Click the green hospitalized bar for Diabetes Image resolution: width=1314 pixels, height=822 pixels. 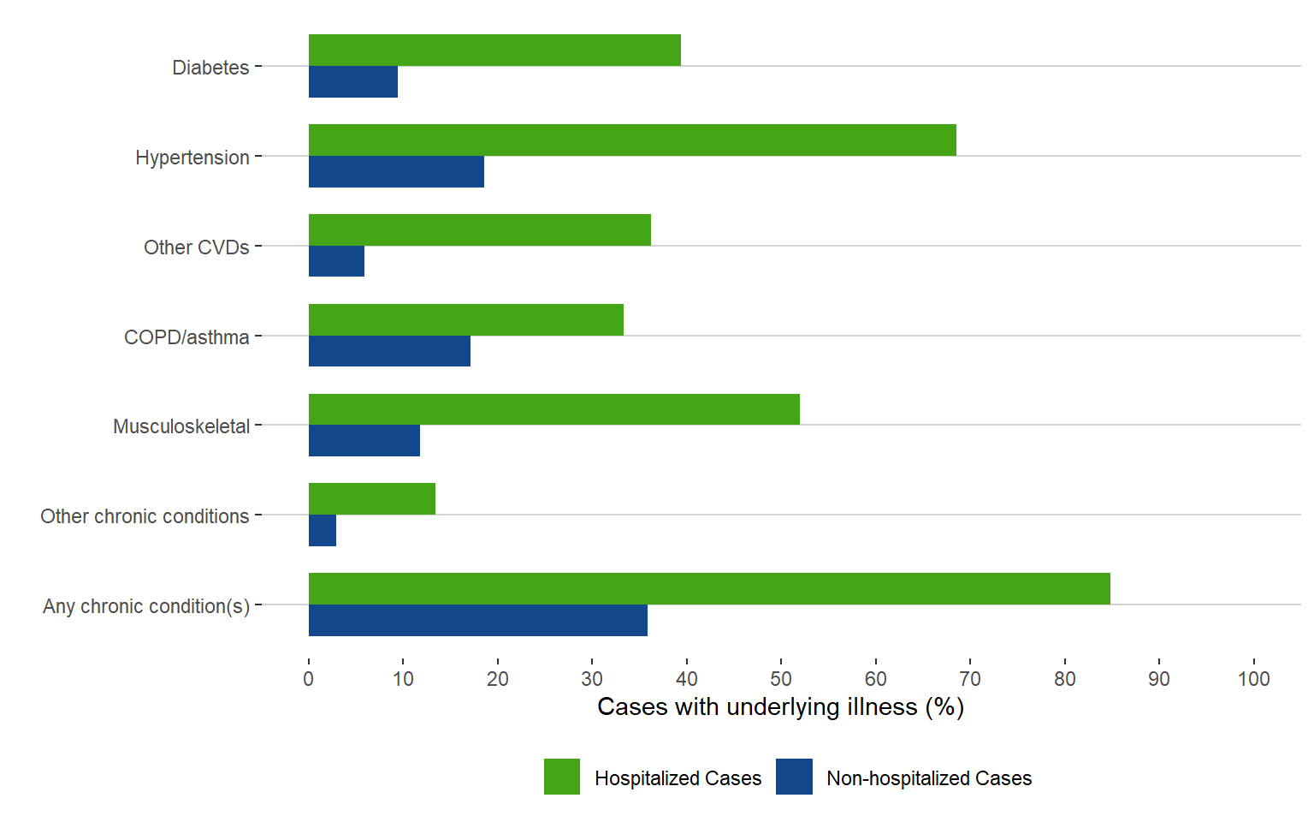click(494, 50)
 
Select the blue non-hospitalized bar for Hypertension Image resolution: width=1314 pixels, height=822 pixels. click(396, 171)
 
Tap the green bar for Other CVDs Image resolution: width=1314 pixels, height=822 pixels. click(479, 229)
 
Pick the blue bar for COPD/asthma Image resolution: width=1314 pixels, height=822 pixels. click(389, 351)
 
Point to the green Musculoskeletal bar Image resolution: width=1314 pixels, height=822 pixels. click(553, 409)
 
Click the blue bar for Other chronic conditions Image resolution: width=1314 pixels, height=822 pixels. click(323, 531)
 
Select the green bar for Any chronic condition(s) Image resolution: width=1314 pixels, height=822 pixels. click(709, 588)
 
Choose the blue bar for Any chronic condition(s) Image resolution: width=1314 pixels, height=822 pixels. click(477, 620)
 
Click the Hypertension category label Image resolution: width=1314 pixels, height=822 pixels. click(192, 158)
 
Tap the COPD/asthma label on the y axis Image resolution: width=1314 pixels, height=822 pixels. click(186, 337)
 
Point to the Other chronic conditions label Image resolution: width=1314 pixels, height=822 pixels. click(145, 516)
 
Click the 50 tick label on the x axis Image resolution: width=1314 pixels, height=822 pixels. click(781, 679)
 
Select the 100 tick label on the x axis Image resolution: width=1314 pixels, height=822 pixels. click(1253, 679)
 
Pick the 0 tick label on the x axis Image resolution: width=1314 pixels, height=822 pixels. click(309, 679)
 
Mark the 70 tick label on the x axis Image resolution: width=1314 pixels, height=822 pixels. click(970, 679)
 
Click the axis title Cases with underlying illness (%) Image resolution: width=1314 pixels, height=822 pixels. click(780, 707)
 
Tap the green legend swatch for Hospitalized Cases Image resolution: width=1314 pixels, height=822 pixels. click(562, 777)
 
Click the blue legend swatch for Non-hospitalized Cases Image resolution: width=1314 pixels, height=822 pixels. click(794, 777)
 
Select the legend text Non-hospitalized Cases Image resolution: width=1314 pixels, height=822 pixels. click(929, 778)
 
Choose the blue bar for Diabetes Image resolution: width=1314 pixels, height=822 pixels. click(352, 81)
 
